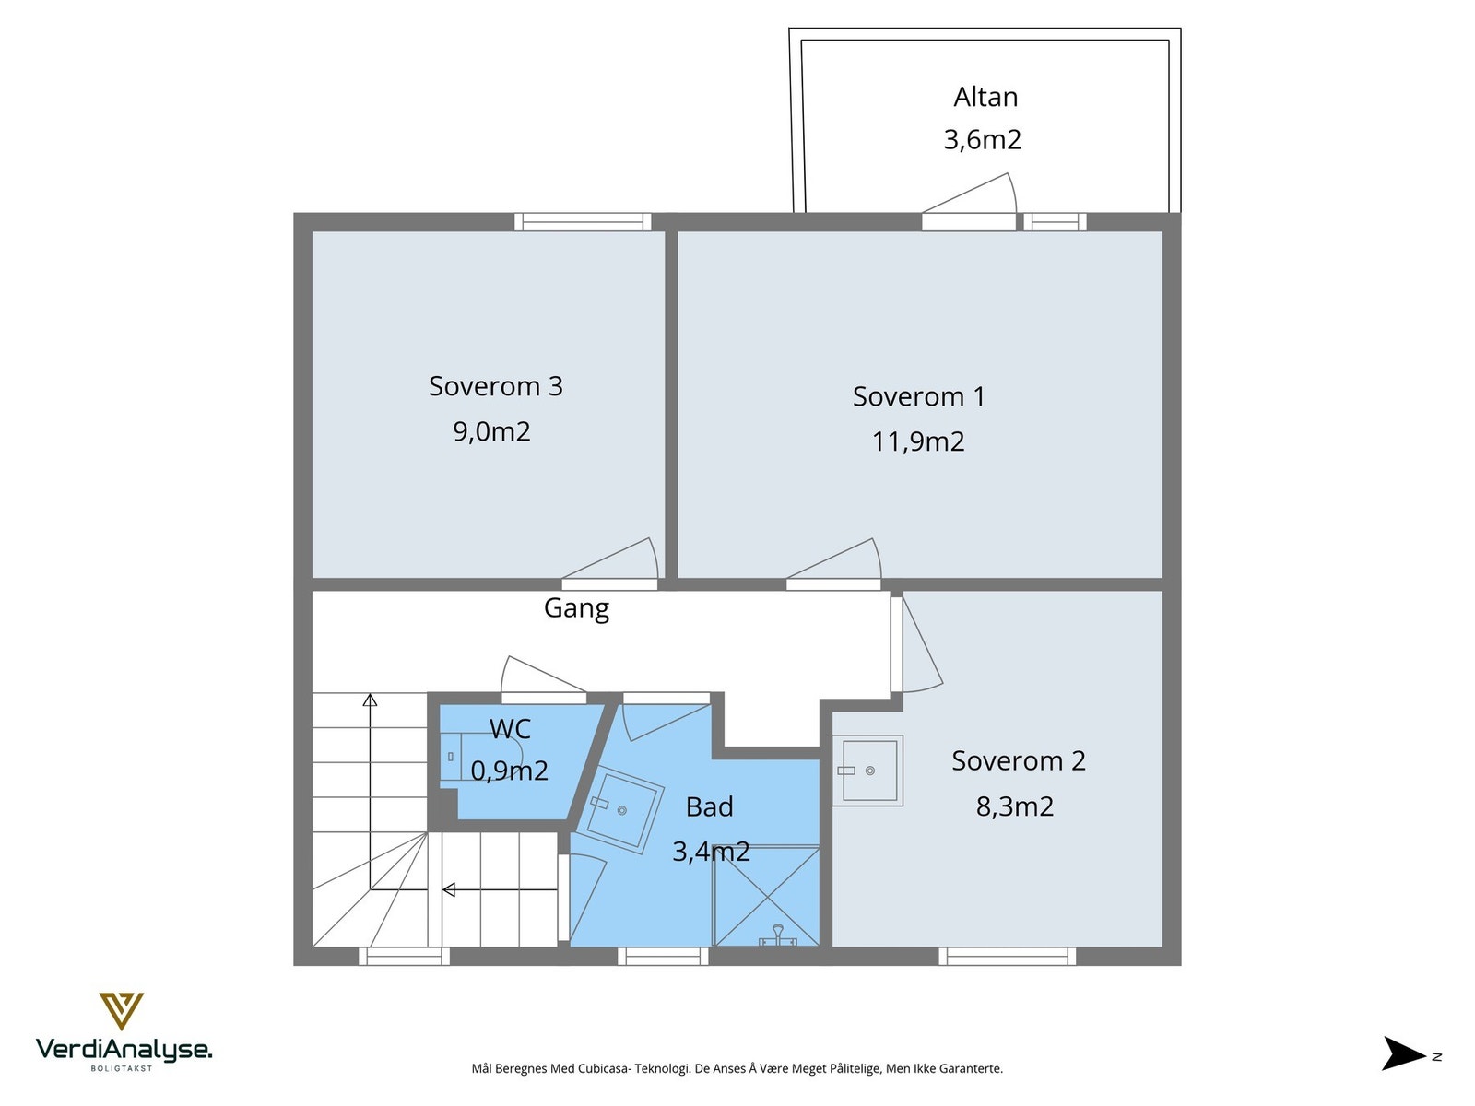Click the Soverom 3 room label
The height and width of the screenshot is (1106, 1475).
(x=495, y=386)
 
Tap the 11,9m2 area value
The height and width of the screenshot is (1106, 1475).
(x=918, y=441)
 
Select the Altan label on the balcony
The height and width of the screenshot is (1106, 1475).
(x=985, y=98)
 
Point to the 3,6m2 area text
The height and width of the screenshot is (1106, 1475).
(x=983, y=140)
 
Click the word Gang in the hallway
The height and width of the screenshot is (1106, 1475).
(x=576, y=608)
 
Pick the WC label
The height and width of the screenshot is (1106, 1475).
(x=510, y=729)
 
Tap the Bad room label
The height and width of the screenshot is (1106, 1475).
(x=709, y=806)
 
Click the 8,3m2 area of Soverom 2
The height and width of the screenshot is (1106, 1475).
(x=1015, y=806)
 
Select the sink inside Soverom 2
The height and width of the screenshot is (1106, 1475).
(x=867, y=771)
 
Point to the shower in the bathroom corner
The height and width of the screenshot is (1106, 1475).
(x=765, y=897)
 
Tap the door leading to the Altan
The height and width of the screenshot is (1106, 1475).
(x=969, y=194)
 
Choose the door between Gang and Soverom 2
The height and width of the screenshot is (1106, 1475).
(x=917, y=644)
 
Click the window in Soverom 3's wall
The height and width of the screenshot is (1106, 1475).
(x=583, y=221)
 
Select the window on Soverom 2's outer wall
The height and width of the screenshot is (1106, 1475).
(x=1007, y=957)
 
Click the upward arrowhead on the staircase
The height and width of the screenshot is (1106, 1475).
(x=370, y=700)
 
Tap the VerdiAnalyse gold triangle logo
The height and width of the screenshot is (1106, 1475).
(x=122, y=1011)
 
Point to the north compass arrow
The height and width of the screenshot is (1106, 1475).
(x=1404, y=1053)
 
